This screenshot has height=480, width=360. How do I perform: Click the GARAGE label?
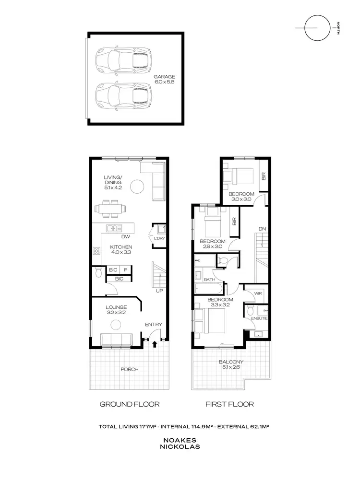tap(164, 76)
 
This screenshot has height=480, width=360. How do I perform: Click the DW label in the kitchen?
tap(126, 236)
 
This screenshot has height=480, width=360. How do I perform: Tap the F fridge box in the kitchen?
tap(126, 270)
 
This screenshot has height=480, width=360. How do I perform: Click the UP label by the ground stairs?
tap(159, 291)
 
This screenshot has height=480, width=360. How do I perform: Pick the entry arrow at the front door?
tap(155, 343)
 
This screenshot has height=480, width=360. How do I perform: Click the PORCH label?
tap(130, 369)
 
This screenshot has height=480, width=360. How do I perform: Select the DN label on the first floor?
tap(262, 229)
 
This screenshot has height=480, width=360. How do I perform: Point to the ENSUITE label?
tap(259, 318)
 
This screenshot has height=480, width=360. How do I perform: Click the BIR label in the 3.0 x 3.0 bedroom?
tap(264, 176)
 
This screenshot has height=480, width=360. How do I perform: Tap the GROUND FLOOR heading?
tap(129, 404)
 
